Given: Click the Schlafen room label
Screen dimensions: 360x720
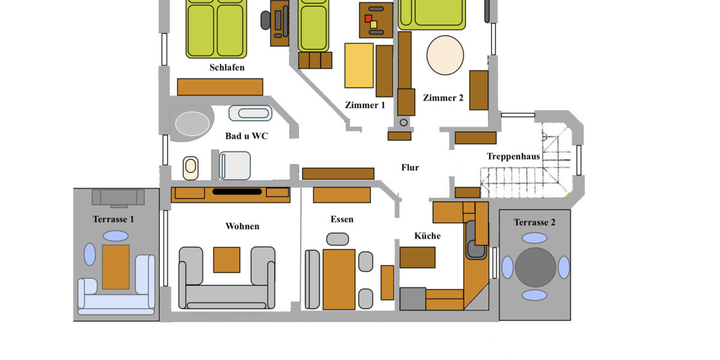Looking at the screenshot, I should tap(227, 67).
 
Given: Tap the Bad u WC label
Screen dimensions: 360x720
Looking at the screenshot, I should tap(247, 136).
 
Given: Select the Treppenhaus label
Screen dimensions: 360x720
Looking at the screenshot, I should tap(513, 157).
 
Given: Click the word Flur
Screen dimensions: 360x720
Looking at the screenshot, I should tap(410, 167).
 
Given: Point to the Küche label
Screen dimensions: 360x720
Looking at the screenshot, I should tap(427, 236).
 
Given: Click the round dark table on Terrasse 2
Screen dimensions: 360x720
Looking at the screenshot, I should tap(535, 268).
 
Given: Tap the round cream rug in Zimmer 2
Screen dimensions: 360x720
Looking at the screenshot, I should tap(445, 55).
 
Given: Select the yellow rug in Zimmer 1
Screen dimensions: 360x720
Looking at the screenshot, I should tap(359, 65).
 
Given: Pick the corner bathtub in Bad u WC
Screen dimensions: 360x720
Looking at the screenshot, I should tap(192, 123).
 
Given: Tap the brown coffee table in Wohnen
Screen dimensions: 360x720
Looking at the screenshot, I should tap(227, 260).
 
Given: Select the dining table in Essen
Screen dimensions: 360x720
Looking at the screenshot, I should tap(339, 280).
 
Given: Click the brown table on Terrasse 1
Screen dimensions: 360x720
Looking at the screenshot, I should tap(115, 267).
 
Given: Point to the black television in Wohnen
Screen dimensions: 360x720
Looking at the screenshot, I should tap(237, 192).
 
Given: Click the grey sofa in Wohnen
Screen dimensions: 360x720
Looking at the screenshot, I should tap(226, 294).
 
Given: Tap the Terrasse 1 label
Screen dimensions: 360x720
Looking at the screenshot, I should tap(113, 219).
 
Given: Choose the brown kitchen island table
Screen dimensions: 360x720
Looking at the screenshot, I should tap(418, 257).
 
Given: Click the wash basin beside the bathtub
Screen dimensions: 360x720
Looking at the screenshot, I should tap(250, 113).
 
